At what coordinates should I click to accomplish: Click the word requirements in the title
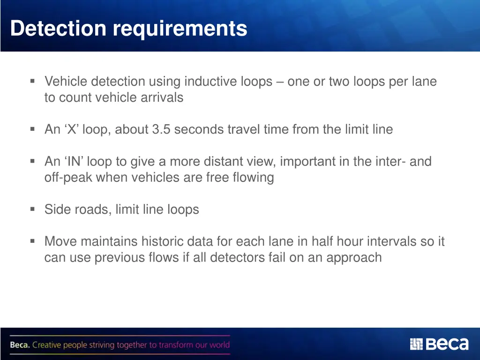180,29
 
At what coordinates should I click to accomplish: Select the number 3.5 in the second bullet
162,129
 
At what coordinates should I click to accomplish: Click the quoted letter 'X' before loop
72,129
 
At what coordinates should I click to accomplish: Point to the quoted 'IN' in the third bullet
74,162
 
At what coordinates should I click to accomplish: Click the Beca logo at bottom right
439,345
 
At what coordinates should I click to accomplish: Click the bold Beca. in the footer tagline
20,345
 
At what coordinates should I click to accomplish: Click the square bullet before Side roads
32,209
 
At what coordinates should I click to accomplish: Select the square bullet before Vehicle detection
32,81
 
